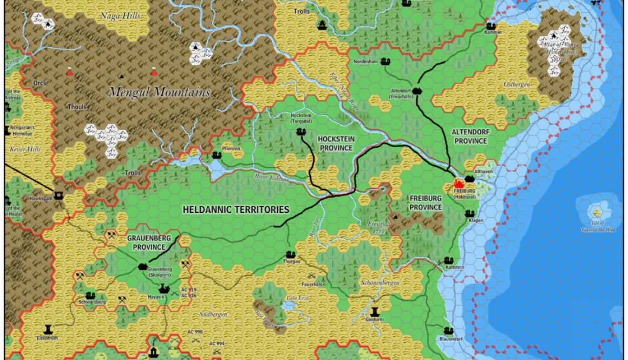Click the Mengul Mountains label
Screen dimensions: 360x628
pyautogui.click(x=159, y=92)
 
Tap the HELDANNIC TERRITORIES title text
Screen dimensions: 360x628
pyautogui.click(x=236, y=210)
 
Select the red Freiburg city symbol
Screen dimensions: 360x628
pyautogui.click(x=461, y=184)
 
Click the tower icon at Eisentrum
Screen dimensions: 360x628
pyautogui.click(x=48, y=329)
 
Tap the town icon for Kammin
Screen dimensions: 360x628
pyautogui.click(x=490, y=25)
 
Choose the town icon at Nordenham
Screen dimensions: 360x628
pyautogui.click(x=386, y=61)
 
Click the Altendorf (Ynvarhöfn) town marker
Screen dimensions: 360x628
pyautogui.click(x=417, y=90)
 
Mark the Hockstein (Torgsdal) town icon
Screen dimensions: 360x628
pyautogui.click(x=300, y=132)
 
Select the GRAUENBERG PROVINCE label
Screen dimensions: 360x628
pyautogui.click(x=146, y=242)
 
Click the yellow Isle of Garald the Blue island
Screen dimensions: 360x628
pyautogui.click(x=597, y=212)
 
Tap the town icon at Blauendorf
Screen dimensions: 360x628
pyautogui.click(x=448, y=331)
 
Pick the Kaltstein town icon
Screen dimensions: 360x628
pyautogui.click(x=448, y=260)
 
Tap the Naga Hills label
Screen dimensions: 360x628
pyautogui.click(x=120, y=16)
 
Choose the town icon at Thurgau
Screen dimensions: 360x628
pyautogui.click(x=291, y=254)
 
